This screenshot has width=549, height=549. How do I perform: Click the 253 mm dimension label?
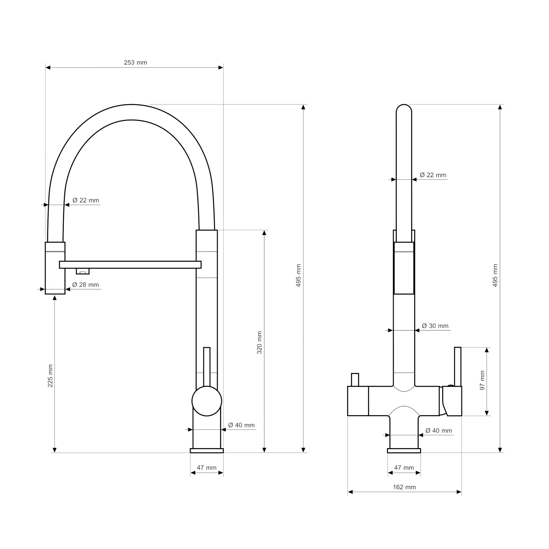click(135, 63)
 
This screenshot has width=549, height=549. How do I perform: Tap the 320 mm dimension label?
click(259, 342)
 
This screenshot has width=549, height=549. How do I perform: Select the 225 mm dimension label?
click(50, 376)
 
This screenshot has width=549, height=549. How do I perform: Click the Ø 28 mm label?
click(86, 285)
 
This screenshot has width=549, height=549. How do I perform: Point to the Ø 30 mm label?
click(435, 326)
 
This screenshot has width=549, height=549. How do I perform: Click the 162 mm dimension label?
click(404, 487)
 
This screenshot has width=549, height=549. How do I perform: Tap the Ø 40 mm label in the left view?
click(241, 425)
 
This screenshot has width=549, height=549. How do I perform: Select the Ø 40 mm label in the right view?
click(439, 430)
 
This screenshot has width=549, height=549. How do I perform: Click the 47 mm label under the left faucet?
click(207, 467)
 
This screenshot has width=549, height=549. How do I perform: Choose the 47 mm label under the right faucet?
click(404, 467)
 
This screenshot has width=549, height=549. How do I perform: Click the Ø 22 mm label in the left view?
click(86, 200)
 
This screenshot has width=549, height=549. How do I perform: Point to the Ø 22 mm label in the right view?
click(433, 175)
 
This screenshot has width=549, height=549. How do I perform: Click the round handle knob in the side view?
click(207, 401)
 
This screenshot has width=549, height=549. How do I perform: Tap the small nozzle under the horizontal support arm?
click(83, 271)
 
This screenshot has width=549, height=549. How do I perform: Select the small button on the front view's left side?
click(355, 380)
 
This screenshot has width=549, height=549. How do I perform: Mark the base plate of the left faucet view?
click(207, 451)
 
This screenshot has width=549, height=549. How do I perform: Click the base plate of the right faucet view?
click(404, 451)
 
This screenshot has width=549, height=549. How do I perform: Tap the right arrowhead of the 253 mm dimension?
click(221, 68)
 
